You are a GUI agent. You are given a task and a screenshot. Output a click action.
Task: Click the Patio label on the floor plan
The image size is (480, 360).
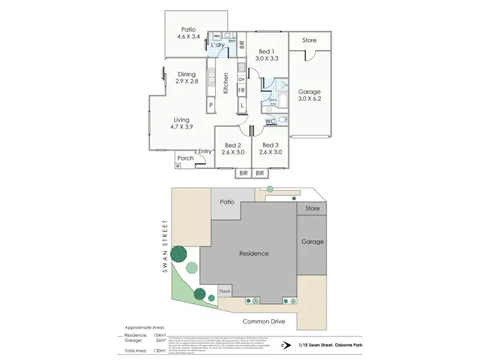(x=188, y=29)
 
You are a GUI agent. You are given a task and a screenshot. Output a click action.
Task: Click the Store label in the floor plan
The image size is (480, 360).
(x=309, y=40)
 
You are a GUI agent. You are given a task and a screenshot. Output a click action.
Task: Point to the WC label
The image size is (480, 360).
(x=271, y=120)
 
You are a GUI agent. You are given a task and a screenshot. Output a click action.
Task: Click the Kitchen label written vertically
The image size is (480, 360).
(x=226, y=83)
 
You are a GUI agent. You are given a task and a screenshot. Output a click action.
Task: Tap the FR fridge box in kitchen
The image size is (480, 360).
(x=241, y=90)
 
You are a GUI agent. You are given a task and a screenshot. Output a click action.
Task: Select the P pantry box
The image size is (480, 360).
(x=210, y=105)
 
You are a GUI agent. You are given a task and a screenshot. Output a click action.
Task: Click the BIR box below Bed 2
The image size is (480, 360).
(x=243, y=173)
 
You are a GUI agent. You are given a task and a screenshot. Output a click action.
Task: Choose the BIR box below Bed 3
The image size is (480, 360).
(x=260, y=173)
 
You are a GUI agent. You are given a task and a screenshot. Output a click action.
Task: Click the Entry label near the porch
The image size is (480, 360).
(x=205, y=151)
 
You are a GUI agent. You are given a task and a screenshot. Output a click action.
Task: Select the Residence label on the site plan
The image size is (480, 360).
(x=255, y=254)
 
